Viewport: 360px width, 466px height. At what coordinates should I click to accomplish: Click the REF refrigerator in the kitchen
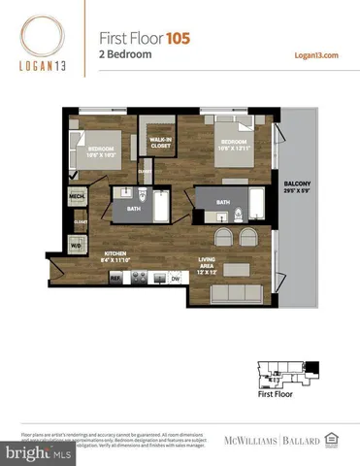click(x=115, y=278)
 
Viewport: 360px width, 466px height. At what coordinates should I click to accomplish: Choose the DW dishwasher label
click(x=176, y=278)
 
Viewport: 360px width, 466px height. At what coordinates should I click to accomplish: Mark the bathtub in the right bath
click(x=256, y=204)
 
